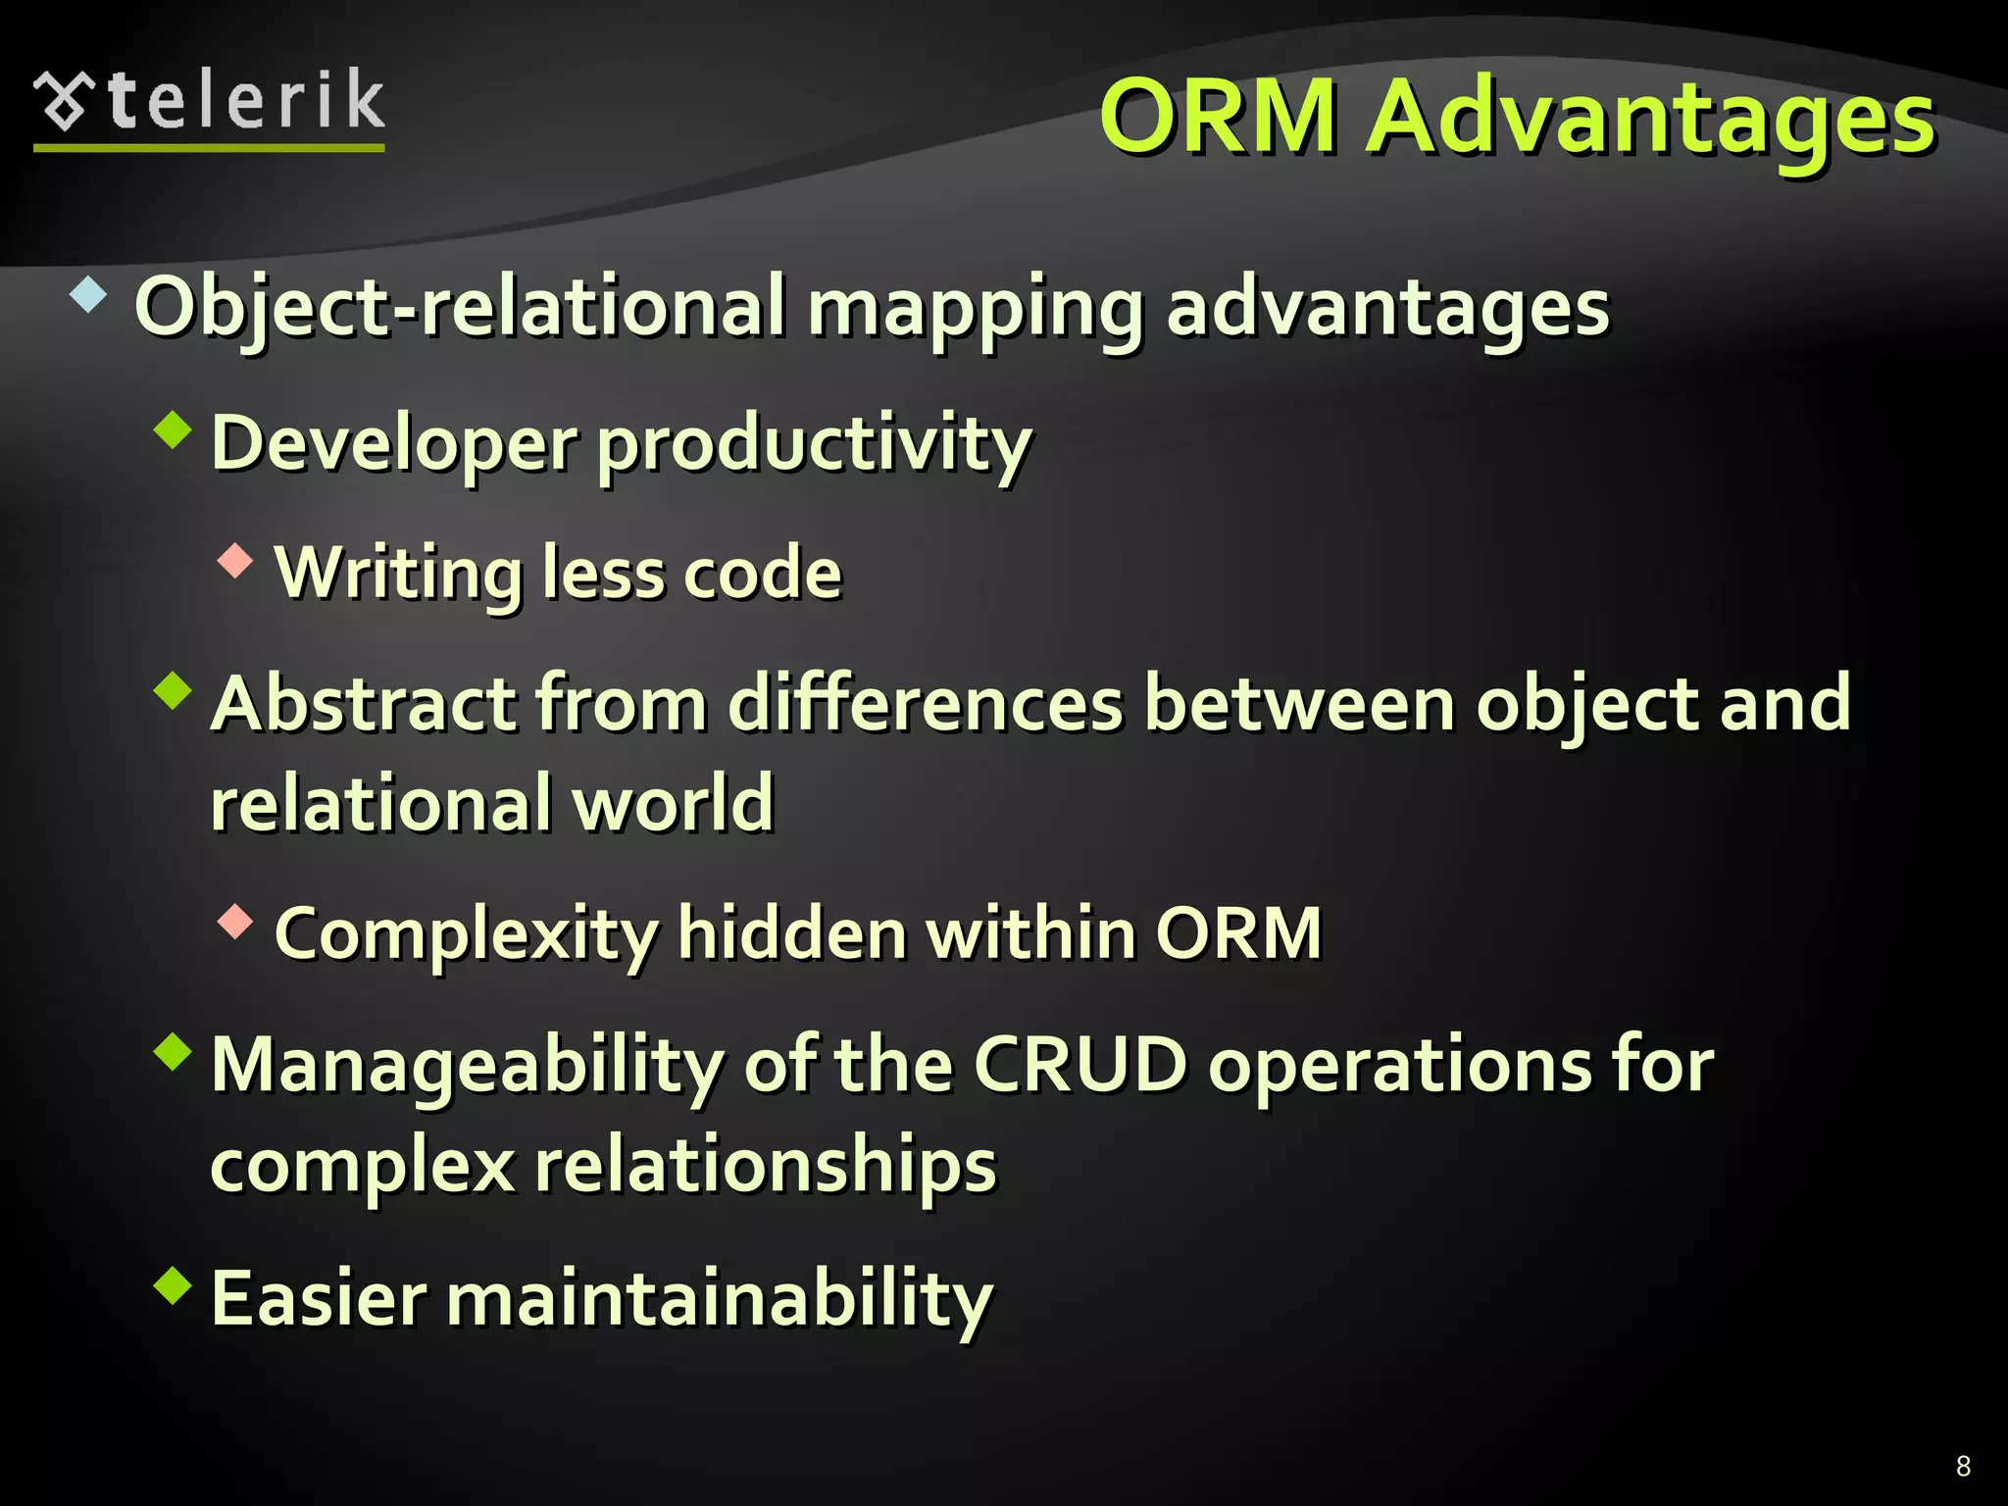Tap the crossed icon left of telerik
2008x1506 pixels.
coord(64,101)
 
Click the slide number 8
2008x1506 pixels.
coord(1963,1466)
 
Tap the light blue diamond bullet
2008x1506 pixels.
coord(88,294)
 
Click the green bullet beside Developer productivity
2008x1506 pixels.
coord(174,429)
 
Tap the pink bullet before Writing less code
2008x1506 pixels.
coord(235,561)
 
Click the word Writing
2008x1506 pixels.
coord(399,575)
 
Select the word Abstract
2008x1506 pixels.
coord(363,704)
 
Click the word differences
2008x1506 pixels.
coord(926,704)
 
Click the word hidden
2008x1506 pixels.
coord(792,933)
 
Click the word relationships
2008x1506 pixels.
coord(765,1167)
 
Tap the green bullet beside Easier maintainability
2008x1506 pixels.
coord(174,1284)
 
